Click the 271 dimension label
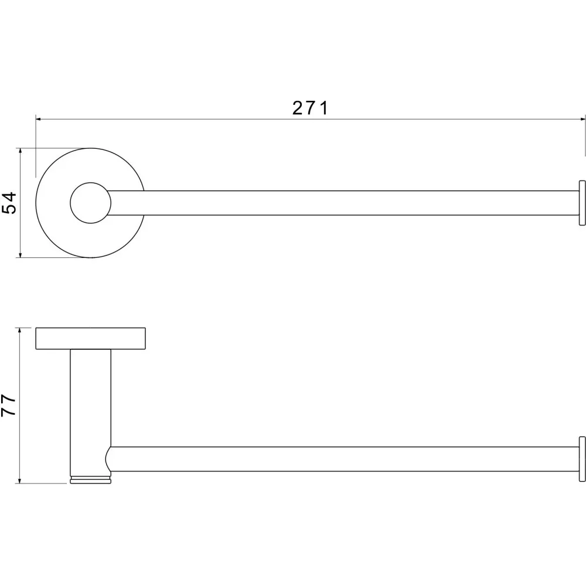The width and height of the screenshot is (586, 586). pyautogui.click(x=310, y=108)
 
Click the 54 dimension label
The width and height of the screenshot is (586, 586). pyautogui.click(x=10, y=203)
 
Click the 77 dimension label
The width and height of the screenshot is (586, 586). pyautogui.click(x=9, y=406)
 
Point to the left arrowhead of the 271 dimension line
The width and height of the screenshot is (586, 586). pyautogui.click(x=39, y=119)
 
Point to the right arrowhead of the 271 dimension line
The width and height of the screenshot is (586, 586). pyautogui.click(x=582, y=119)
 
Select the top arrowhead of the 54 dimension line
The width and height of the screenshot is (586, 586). pyautogui.click(x=20, y=151)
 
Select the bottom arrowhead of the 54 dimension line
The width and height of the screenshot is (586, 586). pyautogui.click(x=20, y=255)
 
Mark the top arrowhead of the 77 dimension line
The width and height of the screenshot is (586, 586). pyautogui.click(x=19, y=331)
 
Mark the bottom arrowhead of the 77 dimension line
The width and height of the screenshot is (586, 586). pyautogui.click(x=19, y=481)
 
